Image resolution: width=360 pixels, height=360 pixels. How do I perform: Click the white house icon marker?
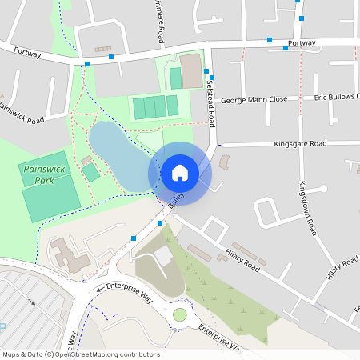(179, 173)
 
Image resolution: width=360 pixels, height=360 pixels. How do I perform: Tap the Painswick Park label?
(44, 175)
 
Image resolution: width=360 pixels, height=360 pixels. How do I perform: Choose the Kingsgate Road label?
(300, 144)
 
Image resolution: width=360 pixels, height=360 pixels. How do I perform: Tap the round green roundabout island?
(179, 314)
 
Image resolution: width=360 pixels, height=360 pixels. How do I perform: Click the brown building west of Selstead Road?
(191, 70)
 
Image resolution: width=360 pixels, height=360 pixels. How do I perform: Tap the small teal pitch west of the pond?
(91, 172)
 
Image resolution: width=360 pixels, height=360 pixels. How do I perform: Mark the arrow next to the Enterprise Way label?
(100, 288)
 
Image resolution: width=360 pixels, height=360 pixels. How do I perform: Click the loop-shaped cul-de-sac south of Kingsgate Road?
(269, 211)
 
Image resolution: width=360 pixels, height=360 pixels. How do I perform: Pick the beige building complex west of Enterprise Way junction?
(68, 254)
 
